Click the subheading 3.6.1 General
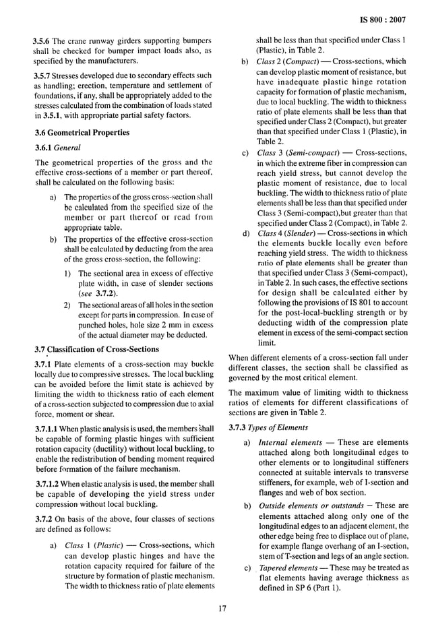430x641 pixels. (57, 147)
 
